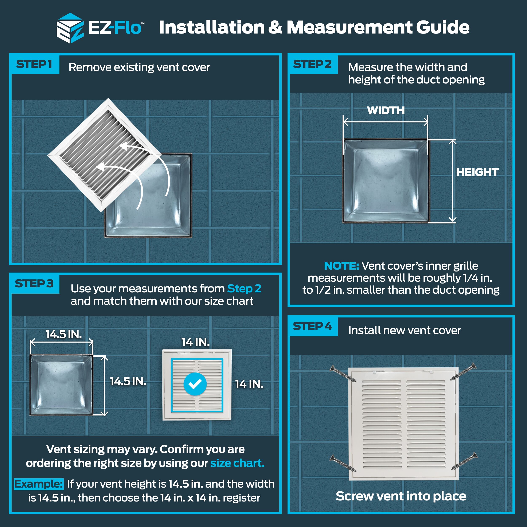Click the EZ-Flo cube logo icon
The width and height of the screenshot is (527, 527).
coord(70,28)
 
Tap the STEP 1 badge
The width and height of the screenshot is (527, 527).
coord(34,64)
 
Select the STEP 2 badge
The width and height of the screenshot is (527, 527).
coord(313,64)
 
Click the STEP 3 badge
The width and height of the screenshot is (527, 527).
coord(34,284)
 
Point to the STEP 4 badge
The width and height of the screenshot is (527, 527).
coord(313,326)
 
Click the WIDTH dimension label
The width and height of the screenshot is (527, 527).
coord(386,110)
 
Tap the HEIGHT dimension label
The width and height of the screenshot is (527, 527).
coord(477,172)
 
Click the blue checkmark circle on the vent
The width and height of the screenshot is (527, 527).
coord(195,384)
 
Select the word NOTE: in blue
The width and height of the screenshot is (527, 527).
coord(341,266)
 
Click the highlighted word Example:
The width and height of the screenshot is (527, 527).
coord(38,484)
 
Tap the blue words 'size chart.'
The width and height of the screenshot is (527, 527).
coord(237,463)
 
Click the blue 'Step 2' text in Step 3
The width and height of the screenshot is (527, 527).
coord(244,289)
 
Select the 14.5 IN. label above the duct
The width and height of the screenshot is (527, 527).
coord(64,334)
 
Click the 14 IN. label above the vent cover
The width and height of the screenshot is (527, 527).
coord(196,342)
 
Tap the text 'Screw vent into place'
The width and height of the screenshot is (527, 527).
coord(401,496)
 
